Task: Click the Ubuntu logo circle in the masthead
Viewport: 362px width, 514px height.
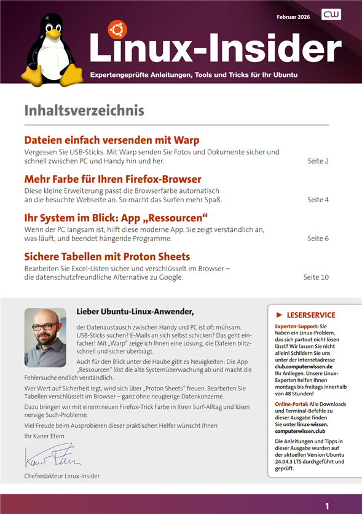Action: [x=117, y=30]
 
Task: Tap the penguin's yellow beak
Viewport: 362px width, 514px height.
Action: [x=53, y=35]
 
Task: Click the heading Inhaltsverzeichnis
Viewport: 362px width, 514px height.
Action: [x=84, y=111]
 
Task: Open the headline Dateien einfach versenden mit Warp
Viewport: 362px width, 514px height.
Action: [x=111, y=140]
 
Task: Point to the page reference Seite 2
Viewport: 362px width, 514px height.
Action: [x=318, y=161]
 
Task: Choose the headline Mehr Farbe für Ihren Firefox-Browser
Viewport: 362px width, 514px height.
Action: [x=112, y=180]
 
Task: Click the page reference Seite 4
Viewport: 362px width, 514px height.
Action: [x=318, y=200]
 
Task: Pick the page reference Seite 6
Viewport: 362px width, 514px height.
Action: [x=318, y=239]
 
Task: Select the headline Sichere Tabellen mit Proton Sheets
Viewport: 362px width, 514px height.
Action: [x=107, y=256]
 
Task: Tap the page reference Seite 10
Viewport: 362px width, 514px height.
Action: [x=316, y=277]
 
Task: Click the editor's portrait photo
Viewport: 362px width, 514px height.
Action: [x=45, y=338]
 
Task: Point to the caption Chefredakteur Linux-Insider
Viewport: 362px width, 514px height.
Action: [x=61, y=476]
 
